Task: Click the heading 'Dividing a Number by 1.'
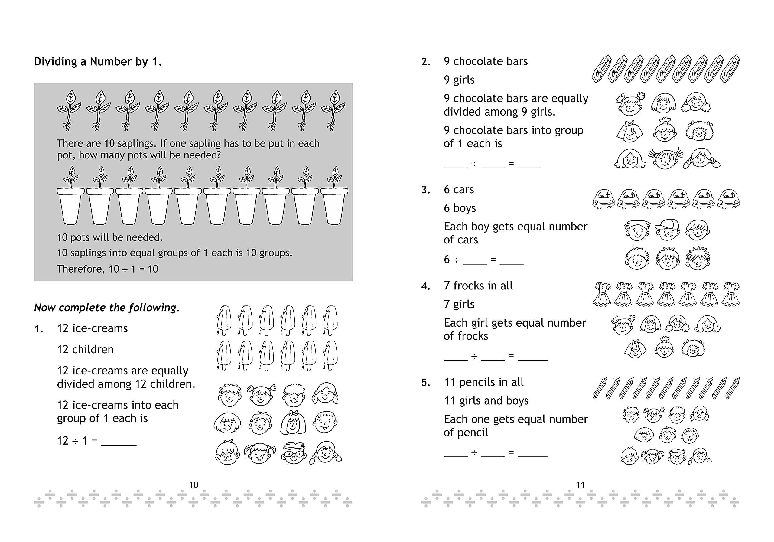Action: (x=98, y=62)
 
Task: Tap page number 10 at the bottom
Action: (x=193, y=485)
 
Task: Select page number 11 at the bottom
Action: (x=580, y=485)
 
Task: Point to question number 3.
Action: (x=426, y=190)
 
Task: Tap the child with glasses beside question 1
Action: (x=294, y=453)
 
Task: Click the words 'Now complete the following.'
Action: (x=106, y=308)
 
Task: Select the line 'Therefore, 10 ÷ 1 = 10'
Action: (x=107, y=269)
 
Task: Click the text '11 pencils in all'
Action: (x=483, y=382)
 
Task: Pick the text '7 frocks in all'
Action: (x=478, y=286)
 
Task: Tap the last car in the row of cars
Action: (x=728, y=199)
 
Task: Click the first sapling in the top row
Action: (x=69, y=110)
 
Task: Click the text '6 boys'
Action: (x=460, y=208)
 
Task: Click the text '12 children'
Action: (x=85, y=349)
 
